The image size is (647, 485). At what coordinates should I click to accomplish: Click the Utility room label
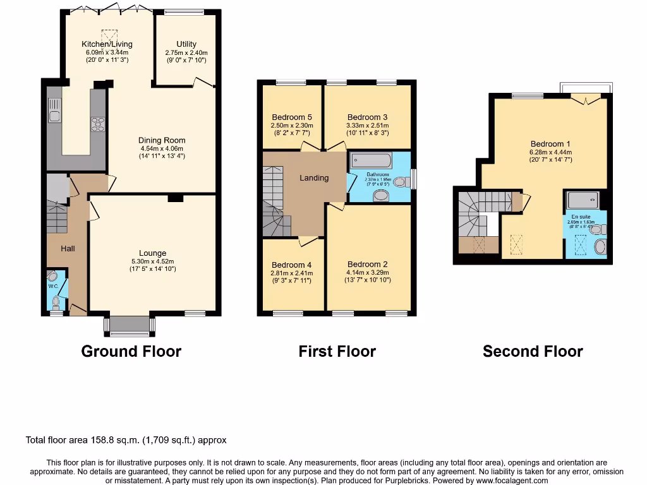coord(186,44)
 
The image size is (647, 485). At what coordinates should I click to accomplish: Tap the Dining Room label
coord(162,141)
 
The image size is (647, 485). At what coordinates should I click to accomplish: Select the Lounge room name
coord(152,253)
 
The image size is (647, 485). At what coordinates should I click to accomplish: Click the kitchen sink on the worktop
coord(54,115)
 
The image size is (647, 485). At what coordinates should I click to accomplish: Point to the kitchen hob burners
coord(98,124)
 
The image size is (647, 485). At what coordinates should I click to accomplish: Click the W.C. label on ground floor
coord(53,286)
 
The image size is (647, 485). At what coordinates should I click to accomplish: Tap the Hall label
coord(68,249)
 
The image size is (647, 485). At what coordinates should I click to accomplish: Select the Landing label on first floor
coord(314,178)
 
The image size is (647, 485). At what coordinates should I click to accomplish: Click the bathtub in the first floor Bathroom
coord(371,160)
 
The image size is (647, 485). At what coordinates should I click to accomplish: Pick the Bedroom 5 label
coord(292,117)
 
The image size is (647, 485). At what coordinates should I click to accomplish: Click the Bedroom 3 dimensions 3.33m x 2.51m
coord(367,126)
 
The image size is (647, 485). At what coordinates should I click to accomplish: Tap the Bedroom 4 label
coord(291,265)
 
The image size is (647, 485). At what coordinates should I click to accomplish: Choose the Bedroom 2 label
coord(367,265)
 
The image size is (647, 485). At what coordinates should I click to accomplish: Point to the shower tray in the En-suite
coord(586,201)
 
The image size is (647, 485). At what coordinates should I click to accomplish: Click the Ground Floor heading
coord(131,352)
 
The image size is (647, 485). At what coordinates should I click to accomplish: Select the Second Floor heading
coord(533,352)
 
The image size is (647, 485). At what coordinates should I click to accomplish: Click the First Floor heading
coord(337,352)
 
